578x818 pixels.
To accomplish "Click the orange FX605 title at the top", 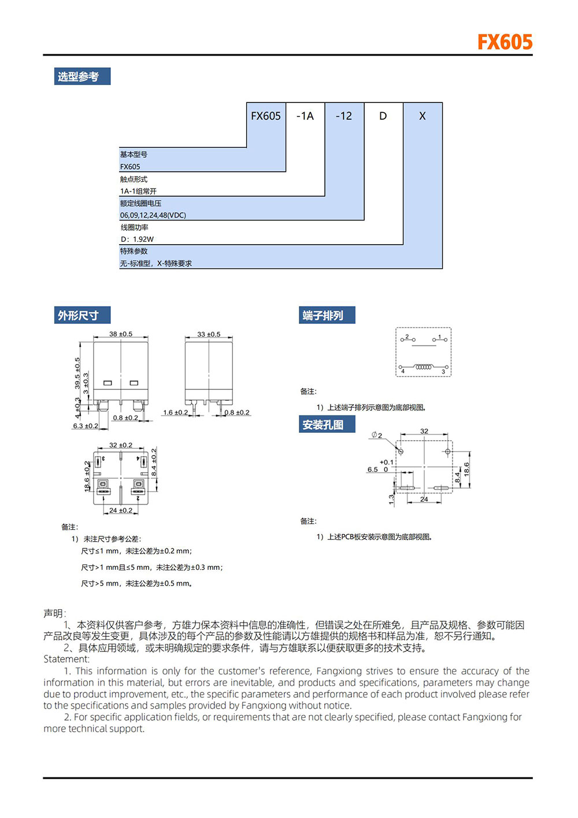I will pyautogui.click(x=505, y=42).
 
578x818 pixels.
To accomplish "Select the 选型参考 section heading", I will pyautogui.click(x=79, y=76).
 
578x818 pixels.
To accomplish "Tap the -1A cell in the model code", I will pyautogui.click(x=305, y=116).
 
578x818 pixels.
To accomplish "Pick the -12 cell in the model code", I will pyautogui.click(x=344, y=116).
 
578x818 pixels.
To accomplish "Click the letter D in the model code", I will pyautogui.click(x=383, y=116).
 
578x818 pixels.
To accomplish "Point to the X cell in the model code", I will pyautogui.click(x=423, y=116).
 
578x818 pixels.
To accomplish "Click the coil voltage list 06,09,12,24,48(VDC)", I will pyautogui.click(x=153, y=215).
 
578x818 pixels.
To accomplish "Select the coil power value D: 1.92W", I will pyautogui.click(x=137, y=239).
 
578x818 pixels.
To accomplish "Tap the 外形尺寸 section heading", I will pyautogui.click(x=79, y=315).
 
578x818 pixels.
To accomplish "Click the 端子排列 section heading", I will pyautogui.click(x=323, y=315).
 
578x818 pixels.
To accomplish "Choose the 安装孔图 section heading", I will pyautogui.click(x=323, y=425).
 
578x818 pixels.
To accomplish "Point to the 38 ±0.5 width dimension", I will pyautogui.click(x=121, y=334).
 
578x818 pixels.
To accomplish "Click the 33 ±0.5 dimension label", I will pyautogui.click(x=209, y=334).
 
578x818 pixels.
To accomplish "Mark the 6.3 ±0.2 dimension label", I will pyautogui.click(x=86, y=426).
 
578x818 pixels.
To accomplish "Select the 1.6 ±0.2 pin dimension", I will pyautogui.click(x=175, y=412).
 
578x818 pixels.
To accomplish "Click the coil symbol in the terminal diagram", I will pyautogui.click(x=424, y=367).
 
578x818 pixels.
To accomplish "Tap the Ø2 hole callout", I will pyautogui.click(x=377, y=435).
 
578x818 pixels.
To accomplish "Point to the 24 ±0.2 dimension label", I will pyautogui.click(x=121, y=510).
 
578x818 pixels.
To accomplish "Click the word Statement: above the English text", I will pyautogui.click(x=66, y=659).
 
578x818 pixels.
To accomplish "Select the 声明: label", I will pyautogui.click(x=55, y=613).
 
